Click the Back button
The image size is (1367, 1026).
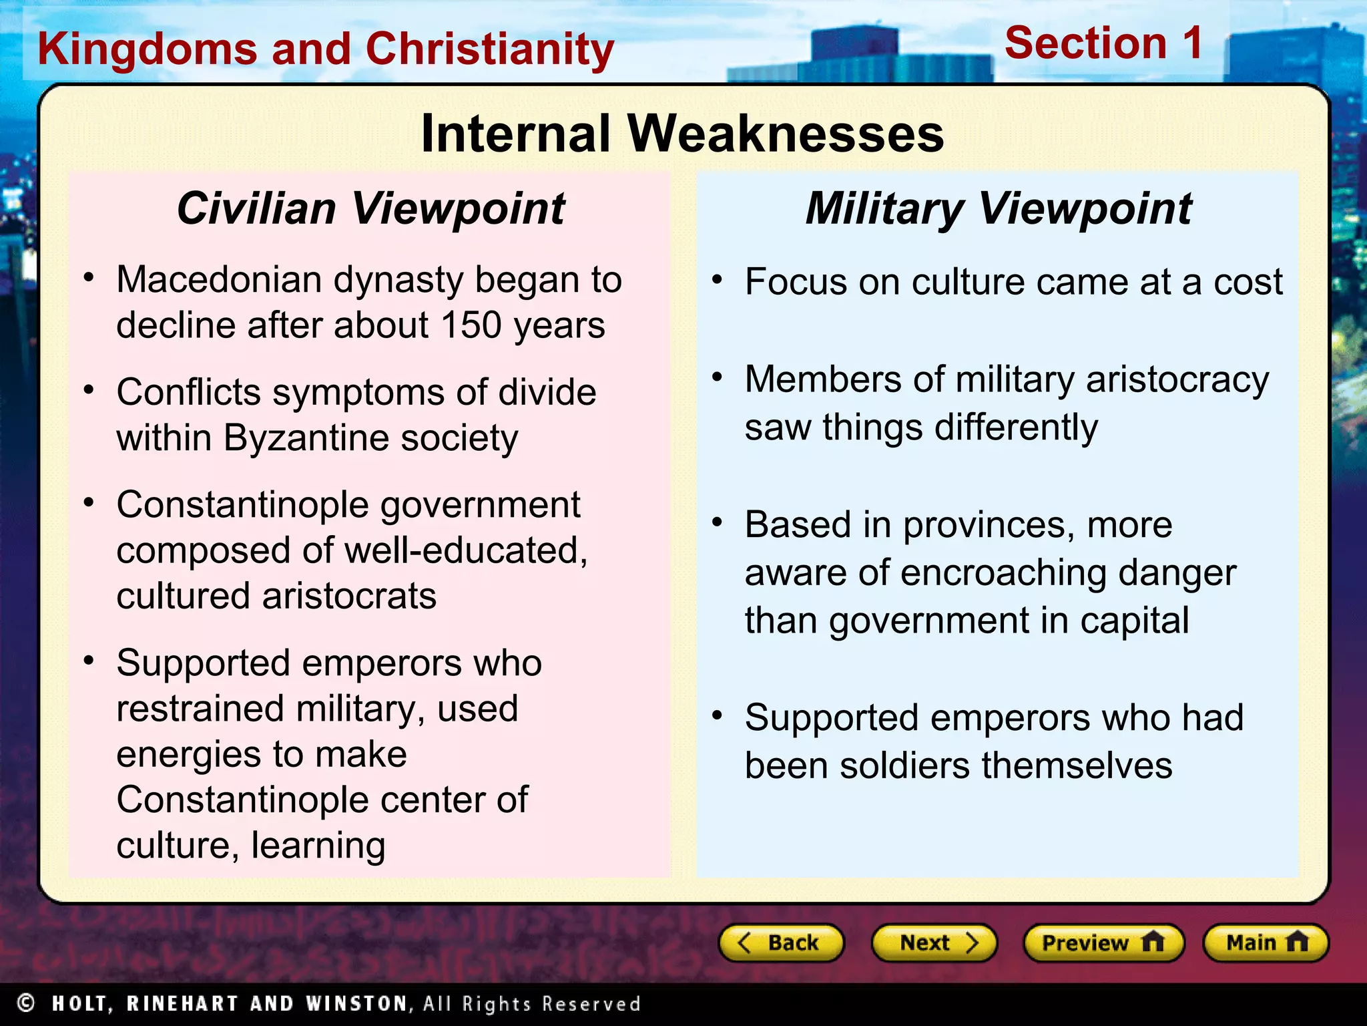(781, 943)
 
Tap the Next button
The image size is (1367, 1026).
(934, 943)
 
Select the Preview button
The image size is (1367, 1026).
(1103, 943)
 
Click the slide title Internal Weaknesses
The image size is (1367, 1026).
(682, 134)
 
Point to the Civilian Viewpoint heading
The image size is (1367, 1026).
(370, 208)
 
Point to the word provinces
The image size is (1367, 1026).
(989, 525)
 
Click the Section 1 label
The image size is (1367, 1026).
(1103, 43)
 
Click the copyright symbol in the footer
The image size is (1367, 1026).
(26, 1003)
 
